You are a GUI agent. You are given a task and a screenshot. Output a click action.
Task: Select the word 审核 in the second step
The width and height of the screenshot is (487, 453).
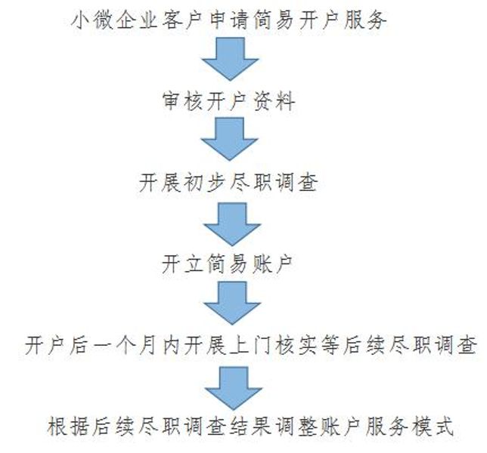click(182, 101)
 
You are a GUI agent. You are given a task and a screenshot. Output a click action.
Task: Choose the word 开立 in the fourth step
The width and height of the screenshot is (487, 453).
click(182, 264)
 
